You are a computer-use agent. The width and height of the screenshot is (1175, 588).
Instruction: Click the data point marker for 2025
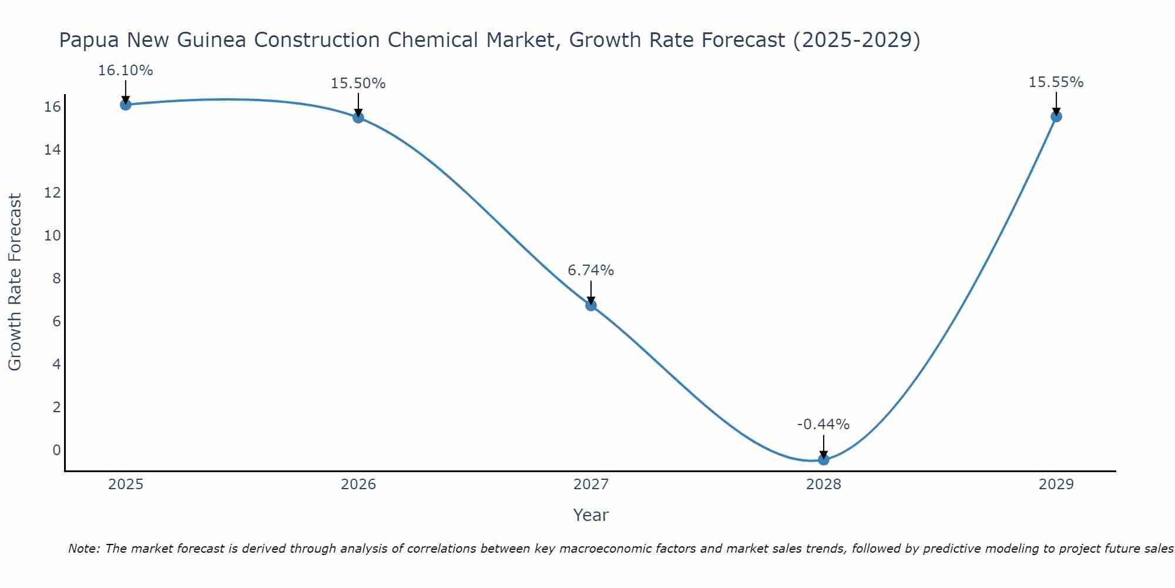point(125,105)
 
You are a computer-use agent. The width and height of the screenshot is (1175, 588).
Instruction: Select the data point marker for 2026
point(358,118)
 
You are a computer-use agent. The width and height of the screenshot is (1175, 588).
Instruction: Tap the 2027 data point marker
point(591,305)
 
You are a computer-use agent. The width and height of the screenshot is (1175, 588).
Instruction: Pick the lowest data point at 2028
point(824,460)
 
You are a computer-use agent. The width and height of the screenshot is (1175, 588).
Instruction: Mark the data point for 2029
point(1056,116)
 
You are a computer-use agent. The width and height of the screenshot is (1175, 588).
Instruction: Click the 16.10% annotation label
point(125,71)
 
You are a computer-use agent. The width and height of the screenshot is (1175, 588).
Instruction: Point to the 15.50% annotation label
point(358,83)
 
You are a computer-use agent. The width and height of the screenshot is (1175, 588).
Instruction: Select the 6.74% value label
point(591,270)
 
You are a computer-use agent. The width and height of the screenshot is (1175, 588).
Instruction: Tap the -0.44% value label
point(824,425)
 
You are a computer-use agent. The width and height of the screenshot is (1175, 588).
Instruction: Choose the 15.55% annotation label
point(1056,82)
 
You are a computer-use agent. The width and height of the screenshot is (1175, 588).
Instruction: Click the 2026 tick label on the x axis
point(358,485)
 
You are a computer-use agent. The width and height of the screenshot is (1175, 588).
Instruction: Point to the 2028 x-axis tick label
point(824,485)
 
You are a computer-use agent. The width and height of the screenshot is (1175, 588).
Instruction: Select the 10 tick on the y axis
point(52,236)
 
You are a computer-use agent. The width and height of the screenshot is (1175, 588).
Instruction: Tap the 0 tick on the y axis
point(56,450)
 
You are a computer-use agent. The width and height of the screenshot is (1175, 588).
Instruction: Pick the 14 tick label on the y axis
point(52,150)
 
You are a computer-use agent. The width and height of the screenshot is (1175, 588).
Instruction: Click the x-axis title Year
point(591,515)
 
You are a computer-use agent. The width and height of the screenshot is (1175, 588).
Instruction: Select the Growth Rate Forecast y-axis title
point(15,282)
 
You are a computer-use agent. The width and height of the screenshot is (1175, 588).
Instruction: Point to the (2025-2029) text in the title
point(857,40)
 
